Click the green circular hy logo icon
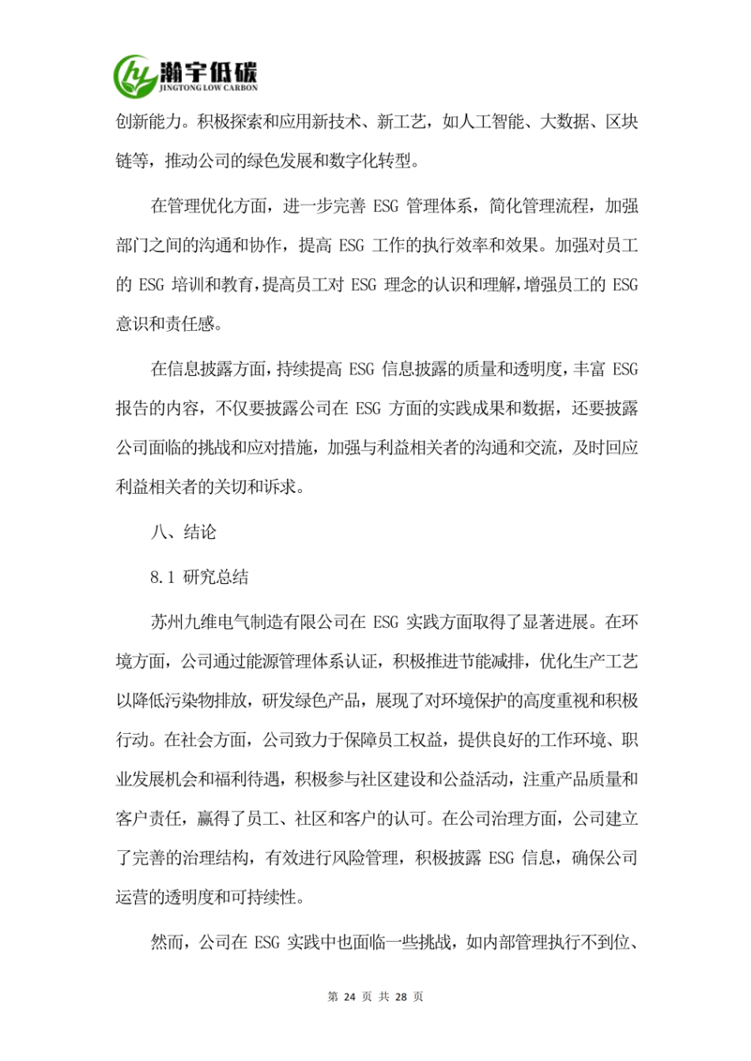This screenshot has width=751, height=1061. tap(136, 75)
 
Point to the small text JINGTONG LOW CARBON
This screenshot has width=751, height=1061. tap(209, 88)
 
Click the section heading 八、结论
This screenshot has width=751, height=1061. tap(183, 532)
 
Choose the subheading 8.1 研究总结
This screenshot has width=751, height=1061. tap(199, 577)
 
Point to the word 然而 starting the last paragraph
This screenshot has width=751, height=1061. tap(167, 942)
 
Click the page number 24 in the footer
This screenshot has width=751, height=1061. tap(349, 997)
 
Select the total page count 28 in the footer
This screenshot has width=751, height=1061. tap(401, 997)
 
